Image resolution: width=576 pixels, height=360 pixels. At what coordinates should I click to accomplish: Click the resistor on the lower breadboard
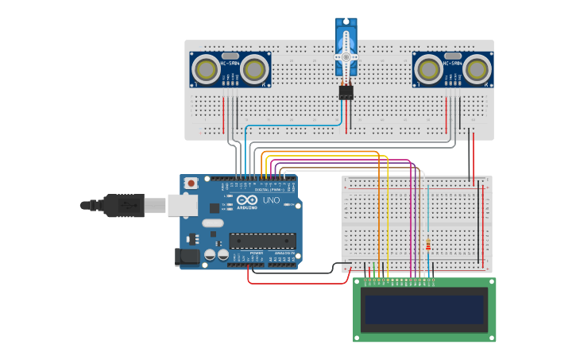pyautogui.click(x=430, y=245)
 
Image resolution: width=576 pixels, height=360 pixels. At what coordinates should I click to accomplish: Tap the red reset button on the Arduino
pyautogui.click(x=191, y=184)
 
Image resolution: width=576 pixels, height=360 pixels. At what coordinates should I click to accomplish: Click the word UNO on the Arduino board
pyautogui.click(x=271, y=201)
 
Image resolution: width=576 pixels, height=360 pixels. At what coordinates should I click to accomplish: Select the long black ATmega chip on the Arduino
pyautogui.click(x=262, y=240)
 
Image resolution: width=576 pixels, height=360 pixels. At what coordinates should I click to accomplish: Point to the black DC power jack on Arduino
pyautogui.click(x=184, y=256)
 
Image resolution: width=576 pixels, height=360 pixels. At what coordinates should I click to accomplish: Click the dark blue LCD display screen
pyautogui.click(x=423, y=310)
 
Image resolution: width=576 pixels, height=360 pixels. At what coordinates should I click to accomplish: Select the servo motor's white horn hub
pyautogui.click(x=346, y=57)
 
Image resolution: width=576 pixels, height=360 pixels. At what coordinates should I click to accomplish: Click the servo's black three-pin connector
pyautogui.click(x=346, y=92)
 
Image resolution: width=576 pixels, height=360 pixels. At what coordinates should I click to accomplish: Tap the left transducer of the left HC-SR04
pyautogui.click(x=207, y=69)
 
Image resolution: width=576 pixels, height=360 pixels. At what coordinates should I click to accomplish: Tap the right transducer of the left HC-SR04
pyautogui.click(x=253, y=69)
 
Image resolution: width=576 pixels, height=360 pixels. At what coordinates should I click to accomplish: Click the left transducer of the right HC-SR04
pyautogui.click(x=429, y=69)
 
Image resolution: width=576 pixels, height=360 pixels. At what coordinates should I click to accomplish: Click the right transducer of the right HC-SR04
pyautogui.click(x=476, y=69)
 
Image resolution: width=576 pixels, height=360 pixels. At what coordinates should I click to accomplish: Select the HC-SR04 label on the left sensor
pyautogui.click(x=230, y=62)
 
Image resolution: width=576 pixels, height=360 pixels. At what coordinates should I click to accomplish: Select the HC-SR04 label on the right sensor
pyautogui.click(x=453, y=62)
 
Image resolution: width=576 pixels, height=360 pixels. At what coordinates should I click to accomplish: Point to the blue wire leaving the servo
pyautogui.click(x=294, y=126)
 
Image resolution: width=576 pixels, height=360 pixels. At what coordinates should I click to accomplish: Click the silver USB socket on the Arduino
pyautogui.click(x=182, y=204)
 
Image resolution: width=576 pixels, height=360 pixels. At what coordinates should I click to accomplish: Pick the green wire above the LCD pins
pyautogui.click(x=373, y=269)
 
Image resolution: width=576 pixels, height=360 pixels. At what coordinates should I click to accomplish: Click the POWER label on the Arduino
pyautogui.click(x=256, y=253)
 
